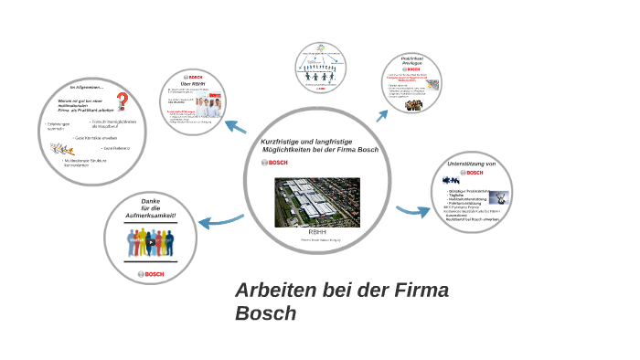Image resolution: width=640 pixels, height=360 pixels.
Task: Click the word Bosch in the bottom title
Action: (266, 312)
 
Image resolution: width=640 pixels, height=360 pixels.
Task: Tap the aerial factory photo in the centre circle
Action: (317, 202)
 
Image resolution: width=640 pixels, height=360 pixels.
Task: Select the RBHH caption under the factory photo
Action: (316, 234)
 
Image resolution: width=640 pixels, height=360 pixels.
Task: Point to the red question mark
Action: (121, 101)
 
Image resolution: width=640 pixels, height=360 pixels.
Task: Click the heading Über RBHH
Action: (192, 85)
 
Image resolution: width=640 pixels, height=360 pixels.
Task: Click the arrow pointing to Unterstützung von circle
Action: (414, 211)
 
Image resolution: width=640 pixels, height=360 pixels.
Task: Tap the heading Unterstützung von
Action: (472, 164)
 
